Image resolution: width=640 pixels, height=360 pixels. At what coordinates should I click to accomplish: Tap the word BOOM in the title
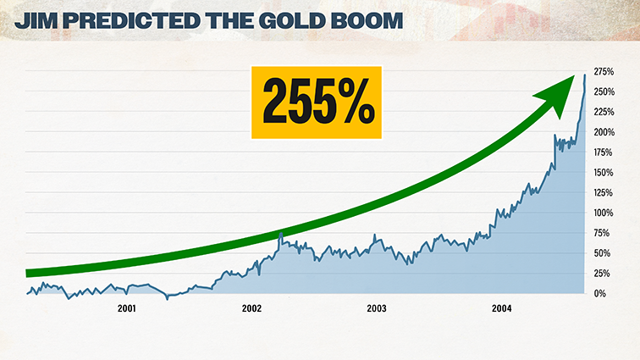[370, 19]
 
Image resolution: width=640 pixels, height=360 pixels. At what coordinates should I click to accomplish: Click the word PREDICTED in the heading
[135, 19]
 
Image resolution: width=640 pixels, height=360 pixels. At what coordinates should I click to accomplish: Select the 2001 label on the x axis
[126, 309]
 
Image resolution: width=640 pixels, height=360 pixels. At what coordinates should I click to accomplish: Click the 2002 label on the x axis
[251, 309]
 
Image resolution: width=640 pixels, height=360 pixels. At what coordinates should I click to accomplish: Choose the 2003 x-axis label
[377, 309]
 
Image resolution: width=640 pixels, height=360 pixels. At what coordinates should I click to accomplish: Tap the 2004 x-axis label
[502, 309]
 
